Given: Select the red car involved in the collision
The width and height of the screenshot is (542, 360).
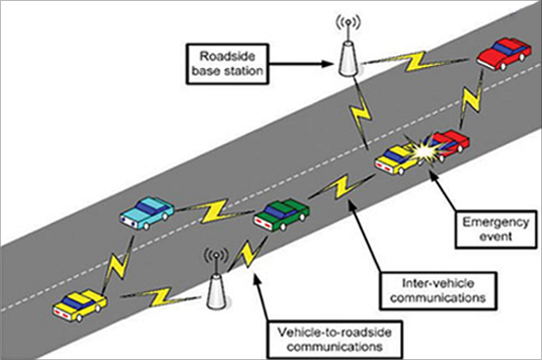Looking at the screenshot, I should point(449,143).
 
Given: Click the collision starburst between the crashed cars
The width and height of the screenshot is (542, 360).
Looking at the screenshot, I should point(424,152).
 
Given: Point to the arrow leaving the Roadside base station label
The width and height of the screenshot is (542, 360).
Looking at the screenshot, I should point(302,65).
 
